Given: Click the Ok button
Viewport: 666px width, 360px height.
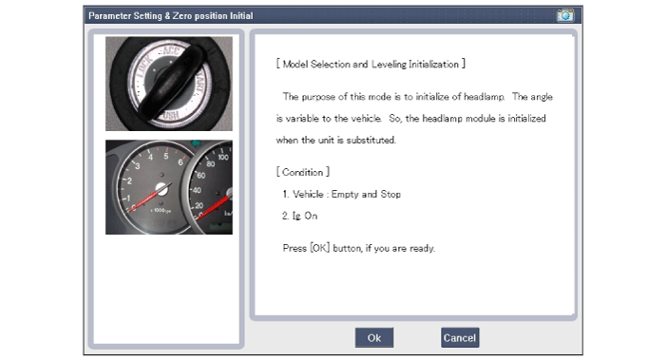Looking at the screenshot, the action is tap(374, 337).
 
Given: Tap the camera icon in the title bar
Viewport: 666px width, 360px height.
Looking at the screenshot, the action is tap(565, 16).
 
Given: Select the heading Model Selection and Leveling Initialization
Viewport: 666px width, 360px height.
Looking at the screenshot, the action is tap(371, 64).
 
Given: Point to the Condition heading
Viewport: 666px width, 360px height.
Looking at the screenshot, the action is tap(303, 172).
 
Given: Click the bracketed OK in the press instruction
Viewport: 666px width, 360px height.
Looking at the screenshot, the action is tap(320, 248).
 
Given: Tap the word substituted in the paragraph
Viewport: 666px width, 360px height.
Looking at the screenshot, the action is tap(371, 140).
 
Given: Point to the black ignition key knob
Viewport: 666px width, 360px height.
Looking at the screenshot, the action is tap(172, 83).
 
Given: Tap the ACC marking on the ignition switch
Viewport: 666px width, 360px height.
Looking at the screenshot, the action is tap(171, 50).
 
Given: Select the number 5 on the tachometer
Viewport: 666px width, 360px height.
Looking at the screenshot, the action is tap(166, 156).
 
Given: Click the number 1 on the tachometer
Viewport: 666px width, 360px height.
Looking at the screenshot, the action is tap(128, 199).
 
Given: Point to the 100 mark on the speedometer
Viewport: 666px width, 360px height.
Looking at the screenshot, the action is tap(223, 157).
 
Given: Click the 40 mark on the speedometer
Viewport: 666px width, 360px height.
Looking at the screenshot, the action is tap(197, 190).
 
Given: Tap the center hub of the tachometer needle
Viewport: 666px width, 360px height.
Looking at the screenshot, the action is tap(162, 188).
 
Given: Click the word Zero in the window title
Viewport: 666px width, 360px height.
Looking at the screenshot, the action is tap(182, 16).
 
